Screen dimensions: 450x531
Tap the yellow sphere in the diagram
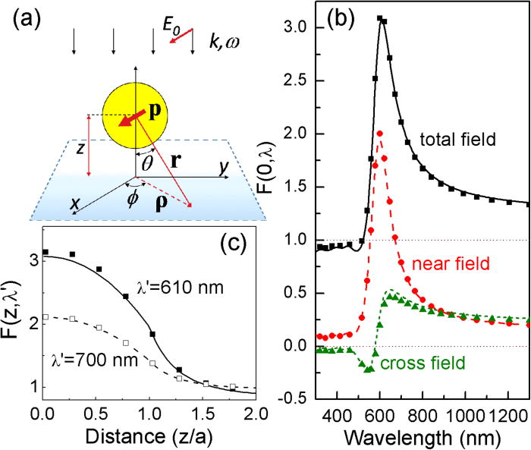(133, 114)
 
